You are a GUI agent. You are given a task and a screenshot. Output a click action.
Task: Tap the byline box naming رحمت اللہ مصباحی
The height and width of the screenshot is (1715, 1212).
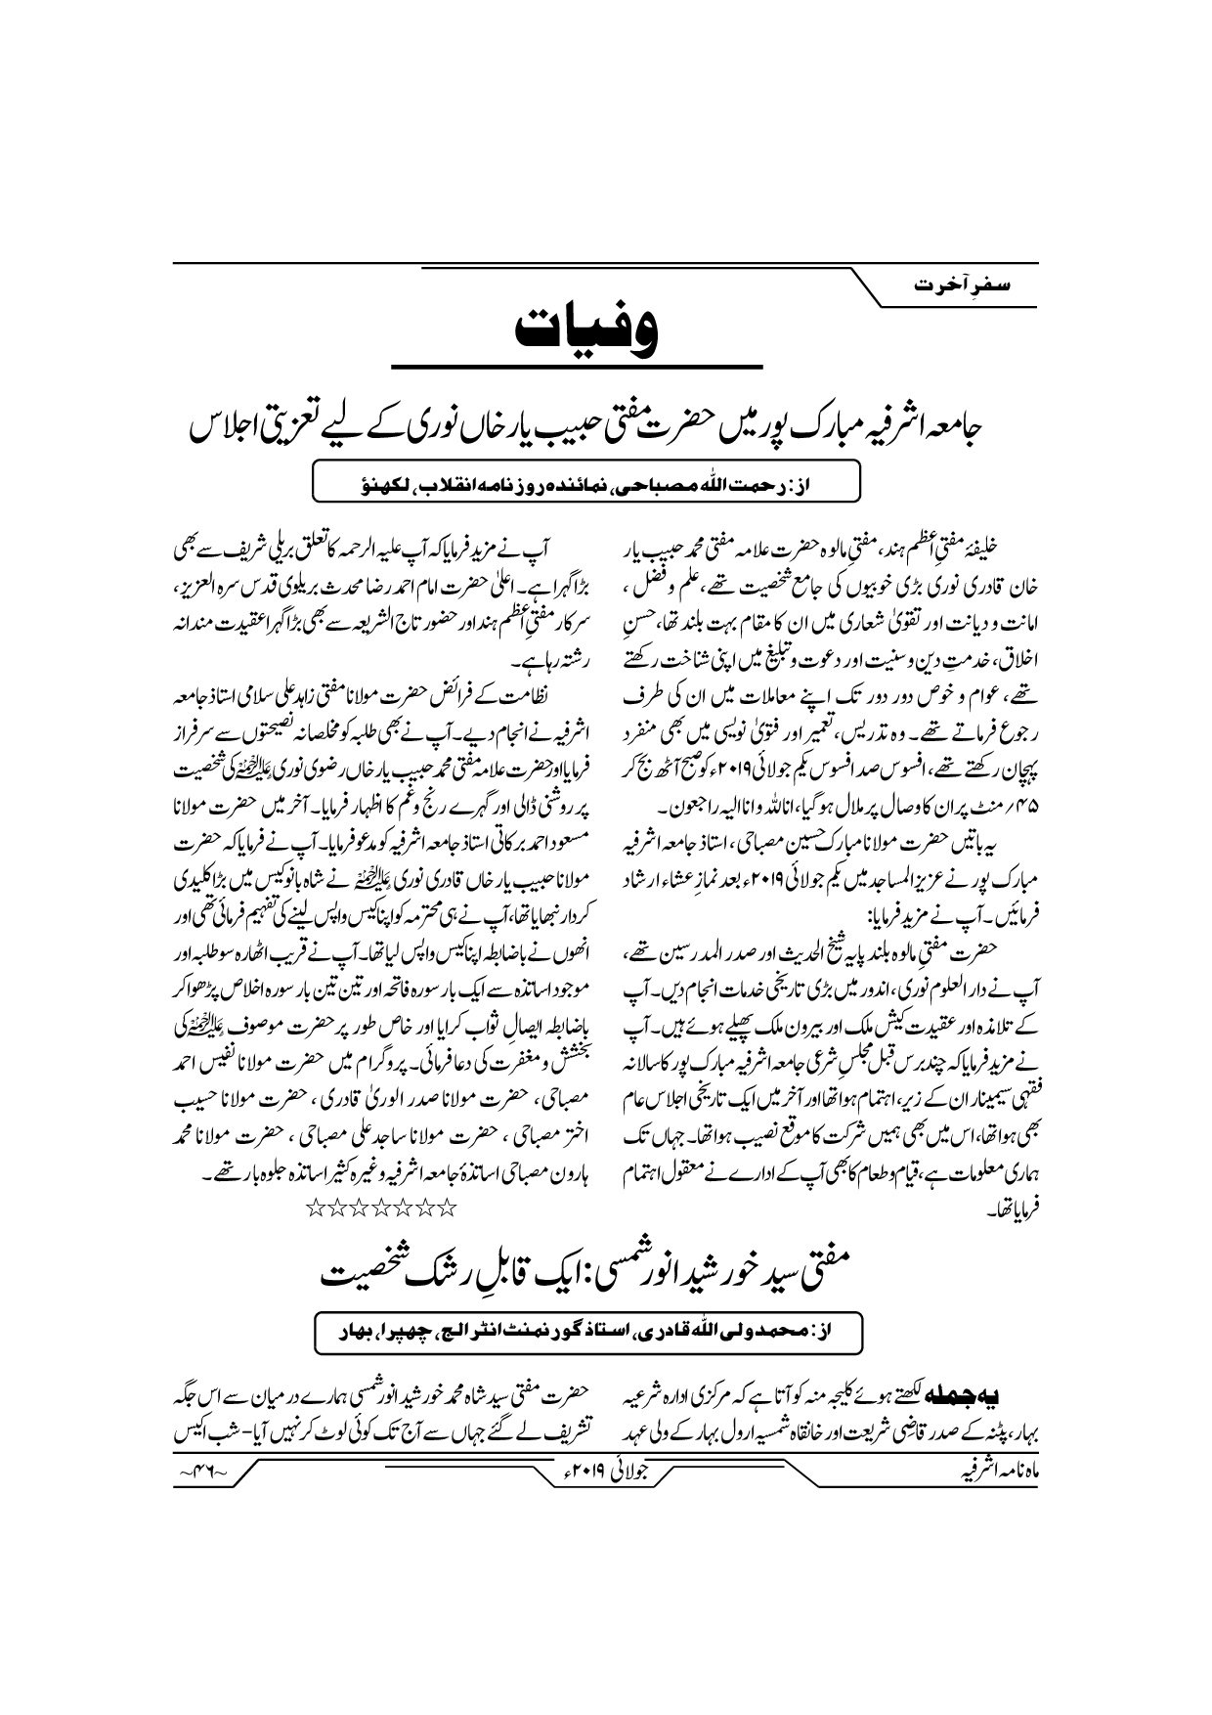coord(584,482)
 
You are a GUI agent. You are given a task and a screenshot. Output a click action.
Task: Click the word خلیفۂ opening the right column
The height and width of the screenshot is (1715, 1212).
coord(990,545)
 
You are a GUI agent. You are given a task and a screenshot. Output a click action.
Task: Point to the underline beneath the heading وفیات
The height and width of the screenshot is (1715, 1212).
coord(576,366)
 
